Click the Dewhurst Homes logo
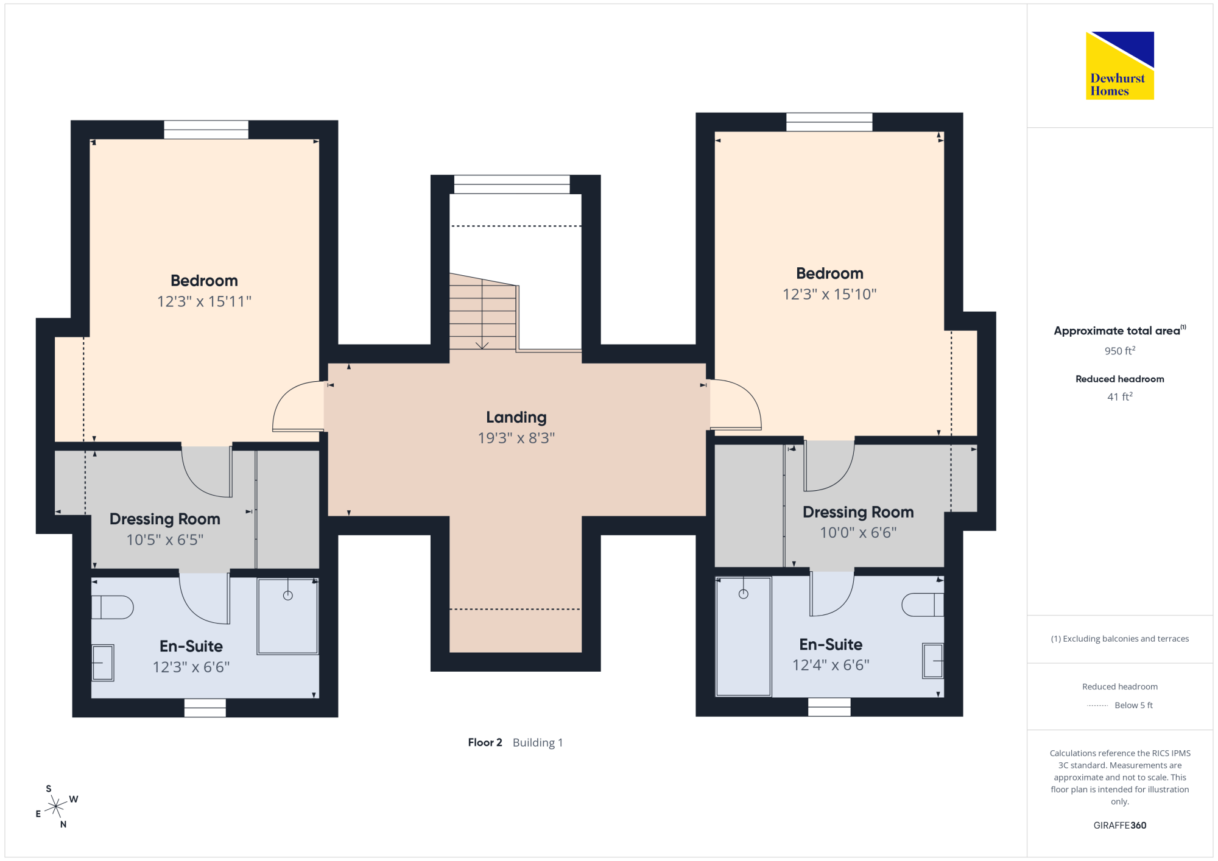pyautogui.click(x=1119, y=65)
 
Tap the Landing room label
pyautogui.click(x=516, y=418)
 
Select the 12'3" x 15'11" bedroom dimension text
pyautogui.click(x=204, y=301)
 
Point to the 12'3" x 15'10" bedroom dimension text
pyautogui.click(x=829, y=294)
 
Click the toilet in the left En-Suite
pyautogui.click(x=113, y=607)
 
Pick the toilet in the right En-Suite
pyautogui.click(x=923, y=605)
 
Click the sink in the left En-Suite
pyautogui.click(x=103, y=662)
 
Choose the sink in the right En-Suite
pyautogui.click(x=933, y=661)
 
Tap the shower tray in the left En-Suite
pyautogui.click(x=287, y=616)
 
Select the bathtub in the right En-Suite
pyautogui.click(x=743, y=636)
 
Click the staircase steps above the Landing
pyautogui.click(x=483, y=312)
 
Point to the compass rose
pyautogui.click(x=56, y=806)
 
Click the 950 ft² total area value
pyautogui.click(x=1120, y=351)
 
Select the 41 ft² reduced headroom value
pyautogui.click(x=1120, y=396)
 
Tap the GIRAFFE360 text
pyautogui.click(x=1120, y=826)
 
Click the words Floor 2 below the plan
pyautogui.click(x=485, y=742)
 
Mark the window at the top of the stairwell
pyautogui.click(x=512, y=184)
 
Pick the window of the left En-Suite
pyautogui.click(x=205, y=708)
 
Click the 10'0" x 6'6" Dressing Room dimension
pyautogui.click(x=858, y=533)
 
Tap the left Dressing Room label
pyautogui.click(x=165, y=519)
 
